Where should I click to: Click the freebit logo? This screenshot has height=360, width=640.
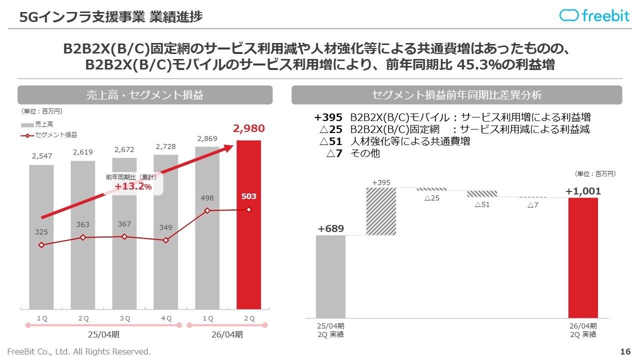point(594,15)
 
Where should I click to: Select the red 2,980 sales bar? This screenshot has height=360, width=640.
point(248,225)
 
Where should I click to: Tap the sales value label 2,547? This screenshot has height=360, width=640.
point(41,156)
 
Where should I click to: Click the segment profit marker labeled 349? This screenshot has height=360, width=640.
point(166,240)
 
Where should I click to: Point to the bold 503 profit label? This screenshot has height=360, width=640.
point(248,196)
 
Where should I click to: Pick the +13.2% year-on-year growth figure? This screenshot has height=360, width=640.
point(132,186)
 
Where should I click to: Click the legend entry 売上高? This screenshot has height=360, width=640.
point(44,124)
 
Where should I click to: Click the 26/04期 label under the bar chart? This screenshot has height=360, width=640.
point(227,334)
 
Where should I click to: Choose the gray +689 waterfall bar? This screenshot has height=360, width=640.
point(330,276)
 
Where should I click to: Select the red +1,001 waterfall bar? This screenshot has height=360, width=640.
point(583,257)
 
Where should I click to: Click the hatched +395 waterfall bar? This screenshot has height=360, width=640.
point(381,211)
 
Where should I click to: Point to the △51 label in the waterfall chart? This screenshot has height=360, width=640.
point(482,204)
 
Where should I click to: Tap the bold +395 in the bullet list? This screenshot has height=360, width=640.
point(328,117)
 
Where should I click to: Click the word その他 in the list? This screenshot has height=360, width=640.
point(365,153)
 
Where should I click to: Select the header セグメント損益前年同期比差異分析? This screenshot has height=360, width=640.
point(456,95)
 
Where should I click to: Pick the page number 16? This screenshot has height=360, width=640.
point(625,351)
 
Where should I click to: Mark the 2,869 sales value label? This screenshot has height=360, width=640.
point(207,138)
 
